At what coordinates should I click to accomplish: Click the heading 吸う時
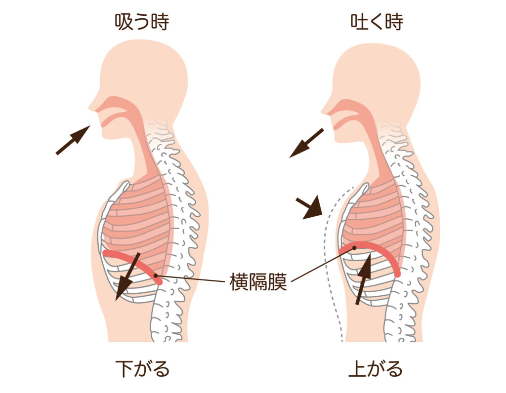[x=142, y=22]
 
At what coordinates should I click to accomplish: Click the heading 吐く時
[x=377, y=22]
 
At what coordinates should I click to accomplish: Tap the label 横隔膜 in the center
[x=258, y=281]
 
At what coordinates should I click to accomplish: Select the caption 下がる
[x=142, y=368]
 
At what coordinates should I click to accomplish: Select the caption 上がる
[x=376, y=368]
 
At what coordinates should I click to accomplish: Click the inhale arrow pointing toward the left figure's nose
[x=73, y=140]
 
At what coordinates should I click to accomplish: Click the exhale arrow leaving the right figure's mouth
[x=306, y=143]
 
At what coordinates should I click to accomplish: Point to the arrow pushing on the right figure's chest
[x=310, y=207]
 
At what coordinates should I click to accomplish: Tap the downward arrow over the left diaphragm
[x=128, y=276]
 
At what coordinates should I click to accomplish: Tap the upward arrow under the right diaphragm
[x=363, y=278]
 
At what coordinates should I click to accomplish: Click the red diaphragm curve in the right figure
[x=375, y=247]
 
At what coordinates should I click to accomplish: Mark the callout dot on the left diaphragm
[x=156, y=275]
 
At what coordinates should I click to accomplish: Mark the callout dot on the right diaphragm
[x=354, y=248]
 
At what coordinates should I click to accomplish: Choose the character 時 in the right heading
[x=394, y=22]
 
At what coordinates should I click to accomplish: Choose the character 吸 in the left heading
[x=124, y=22]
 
